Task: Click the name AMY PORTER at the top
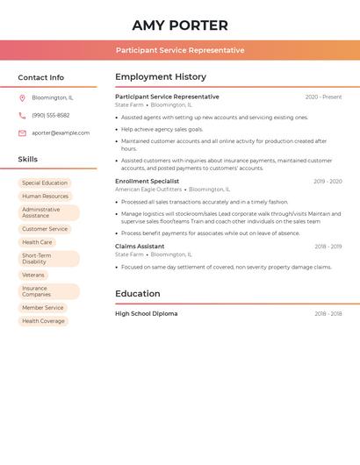pos(180,25)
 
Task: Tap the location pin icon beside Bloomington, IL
pos(22,97)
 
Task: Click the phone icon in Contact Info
pos(22,115)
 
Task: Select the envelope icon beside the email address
pos(22,132)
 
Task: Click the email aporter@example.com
pos(61,132)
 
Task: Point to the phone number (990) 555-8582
pos(50,115)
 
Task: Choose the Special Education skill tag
pos(45,183)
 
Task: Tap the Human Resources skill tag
pos(45,197)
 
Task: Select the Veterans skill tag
pos(33,275)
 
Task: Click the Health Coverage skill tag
pos(43,321)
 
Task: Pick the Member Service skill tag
pos(43,308)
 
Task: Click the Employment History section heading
pos(161,77)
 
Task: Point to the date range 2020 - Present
pos(323,97)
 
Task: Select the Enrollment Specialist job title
pos(147,182)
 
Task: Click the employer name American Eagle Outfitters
pos(148,190)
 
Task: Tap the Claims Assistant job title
pos(140,247)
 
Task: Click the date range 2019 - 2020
pos(328,182)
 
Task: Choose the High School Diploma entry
pos(146,313)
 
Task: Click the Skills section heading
pos(28,160)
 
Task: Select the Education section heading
pos(138,294)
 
